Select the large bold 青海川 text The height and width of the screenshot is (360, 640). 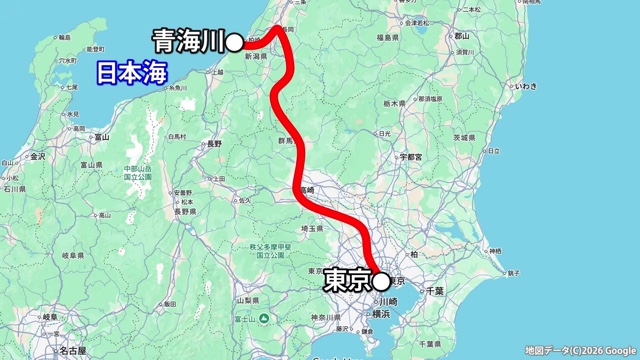187,41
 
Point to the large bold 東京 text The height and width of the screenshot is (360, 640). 346,282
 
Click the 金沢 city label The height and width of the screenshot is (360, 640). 38,157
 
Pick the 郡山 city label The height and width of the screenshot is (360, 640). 461,34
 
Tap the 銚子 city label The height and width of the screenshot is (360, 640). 514,272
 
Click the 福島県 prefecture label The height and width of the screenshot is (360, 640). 388,37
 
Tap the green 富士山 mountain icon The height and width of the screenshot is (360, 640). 263,318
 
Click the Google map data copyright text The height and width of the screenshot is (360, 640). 579,350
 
